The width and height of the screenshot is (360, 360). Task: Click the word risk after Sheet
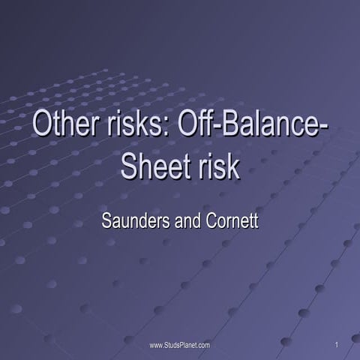(217, 166)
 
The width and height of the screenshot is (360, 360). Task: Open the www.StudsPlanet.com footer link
(180, 344)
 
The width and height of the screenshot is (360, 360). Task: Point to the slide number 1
(338, 344)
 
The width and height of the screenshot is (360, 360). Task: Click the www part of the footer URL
(156, 344)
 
